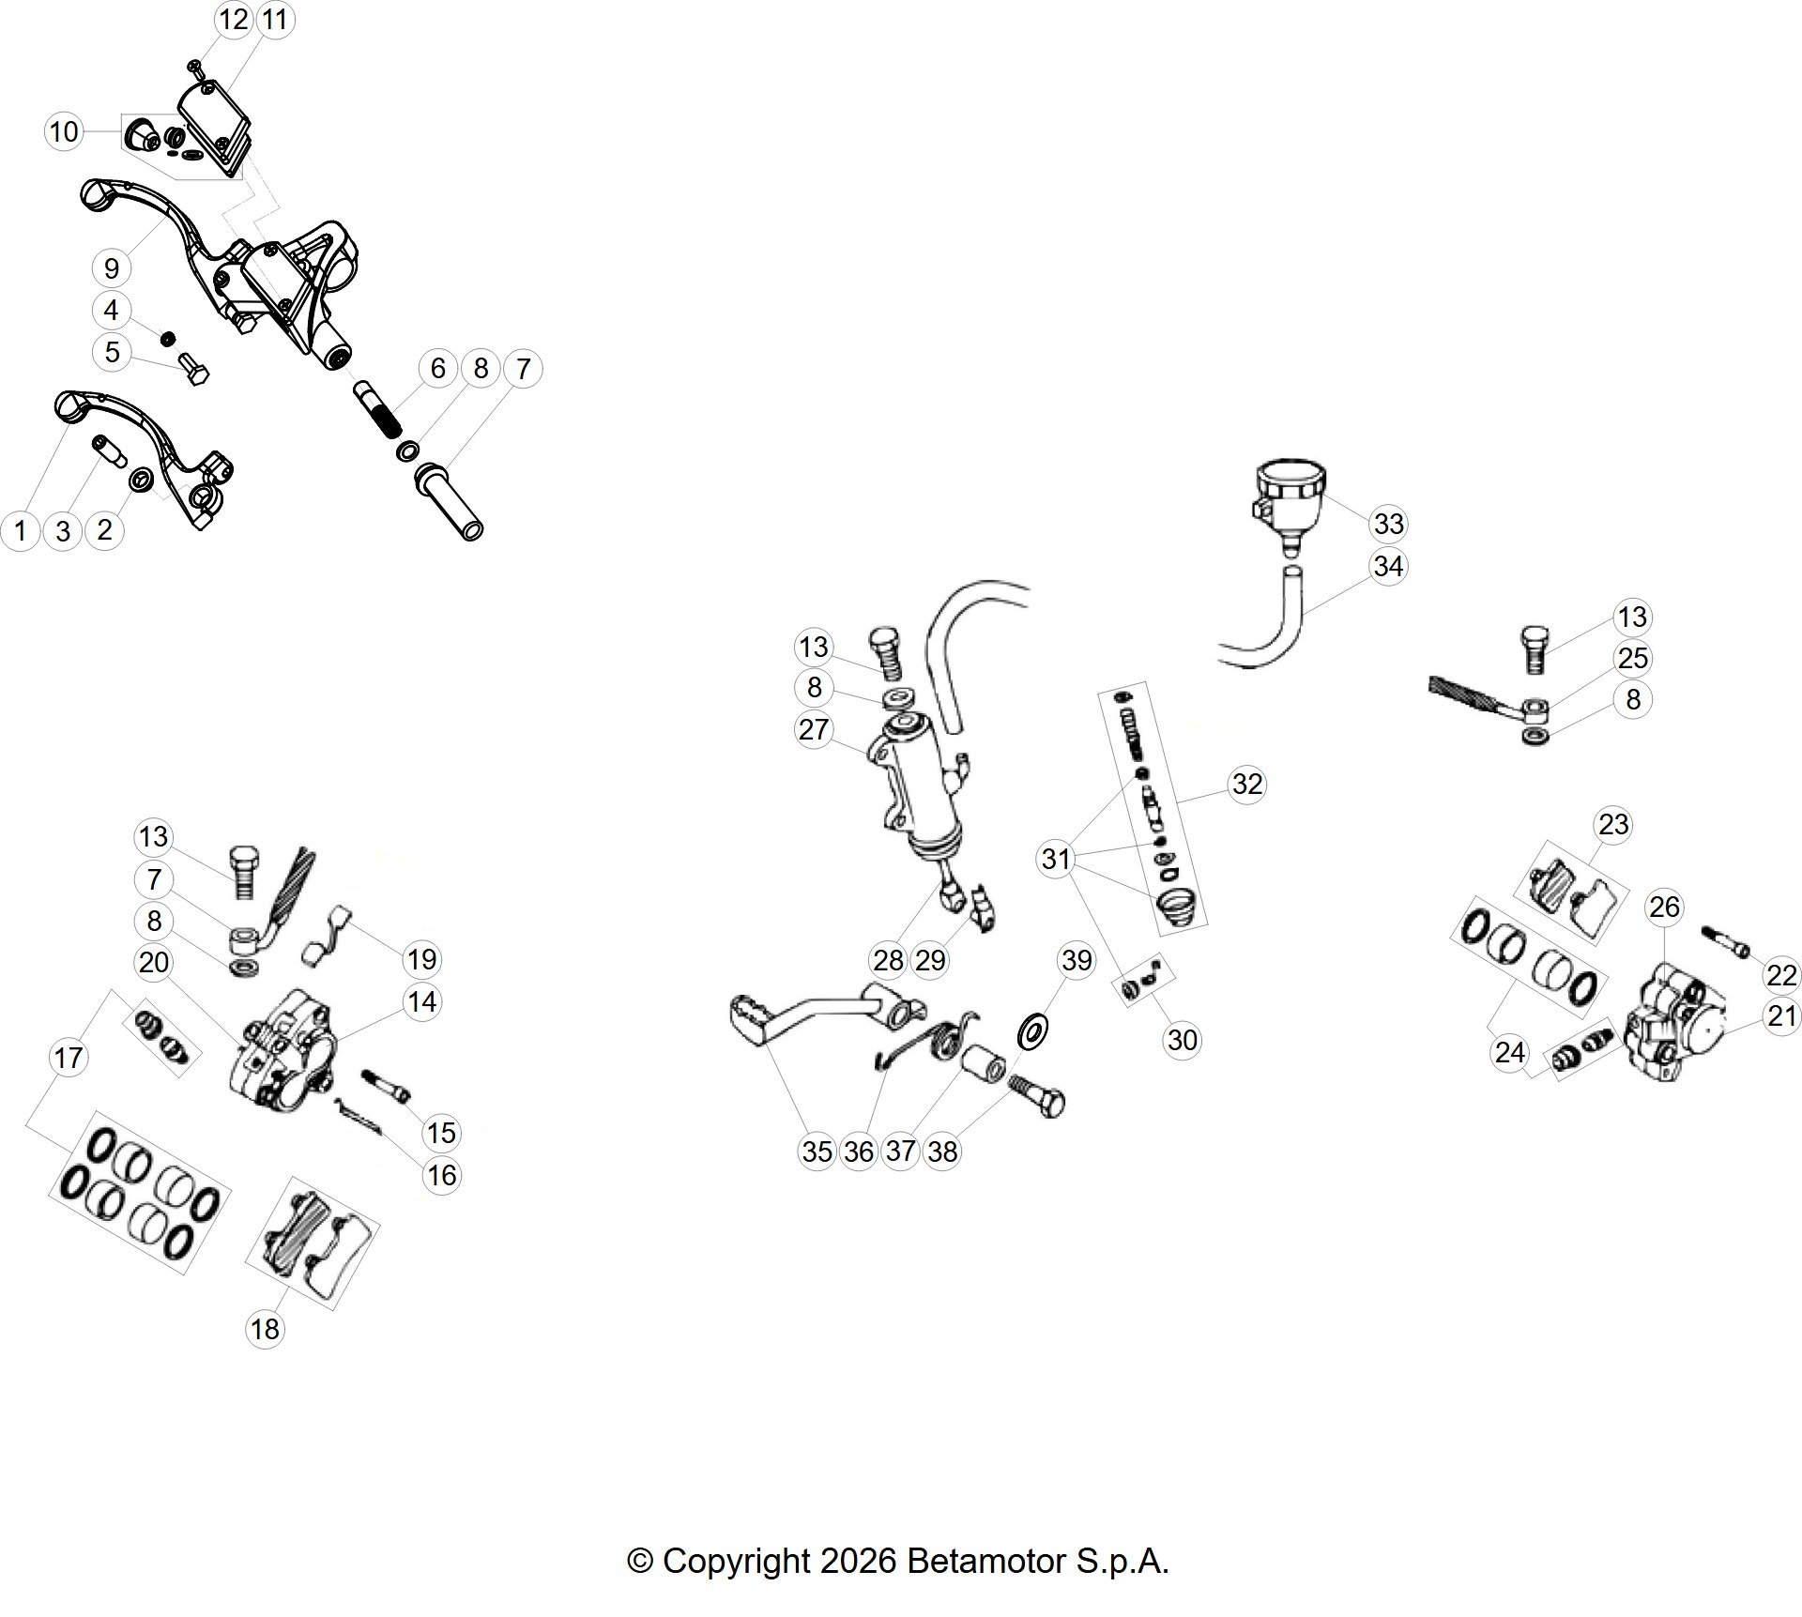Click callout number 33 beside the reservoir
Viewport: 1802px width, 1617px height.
point(1388,524)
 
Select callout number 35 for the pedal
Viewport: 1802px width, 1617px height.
point(817,1152)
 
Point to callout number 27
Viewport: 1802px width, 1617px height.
point(813,729)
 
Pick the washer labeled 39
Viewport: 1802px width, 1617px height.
point(1032,1033)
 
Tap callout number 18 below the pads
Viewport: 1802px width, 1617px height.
point(265,1329)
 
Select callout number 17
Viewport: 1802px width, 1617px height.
point(68,1059)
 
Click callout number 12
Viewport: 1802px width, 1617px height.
point(234,19)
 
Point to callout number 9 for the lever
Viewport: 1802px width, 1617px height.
point(112,268)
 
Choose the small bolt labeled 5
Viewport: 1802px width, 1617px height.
point(194,372)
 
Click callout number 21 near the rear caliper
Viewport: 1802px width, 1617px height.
point(1781,1016)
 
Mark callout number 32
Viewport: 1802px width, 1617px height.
point(1247,784)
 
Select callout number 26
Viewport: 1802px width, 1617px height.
point(1664,907)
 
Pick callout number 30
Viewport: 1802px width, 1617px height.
point(1183,1040)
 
